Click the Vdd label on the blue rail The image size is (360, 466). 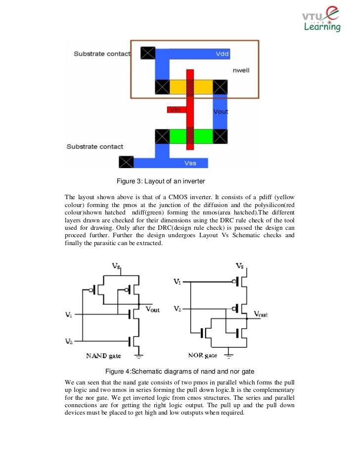pos(223,53)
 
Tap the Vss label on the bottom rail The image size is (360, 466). pos(190,162)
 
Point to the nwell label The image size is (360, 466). pos(241,71)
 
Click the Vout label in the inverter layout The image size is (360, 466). pos(221,112)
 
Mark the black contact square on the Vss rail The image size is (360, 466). pos(126,162)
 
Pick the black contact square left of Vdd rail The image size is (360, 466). pos(147,53)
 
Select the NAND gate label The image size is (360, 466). pos(103,355)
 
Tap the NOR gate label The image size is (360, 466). pos(202,355)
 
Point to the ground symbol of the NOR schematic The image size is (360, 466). pos(229,354)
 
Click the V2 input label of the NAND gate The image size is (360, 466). pos(69,340)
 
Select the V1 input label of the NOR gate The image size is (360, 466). pos(177,282)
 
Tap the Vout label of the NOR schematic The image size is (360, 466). pos(260,314)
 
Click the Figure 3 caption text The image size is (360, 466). pos(157,180)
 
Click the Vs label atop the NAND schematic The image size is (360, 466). pos(116,266)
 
